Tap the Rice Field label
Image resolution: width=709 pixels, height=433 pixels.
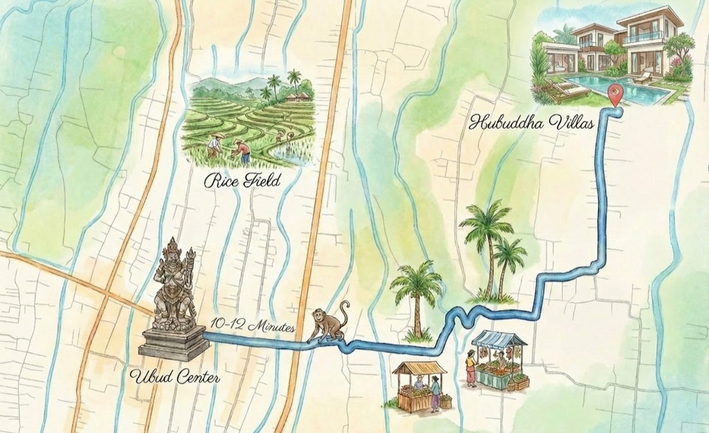point(242,181)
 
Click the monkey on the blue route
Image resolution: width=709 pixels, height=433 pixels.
point(328,324)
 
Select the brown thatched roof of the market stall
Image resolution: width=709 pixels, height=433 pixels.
point(419,367)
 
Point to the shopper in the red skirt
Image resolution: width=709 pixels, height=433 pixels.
point(471,369)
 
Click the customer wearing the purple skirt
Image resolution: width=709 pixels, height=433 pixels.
point(435,394)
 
